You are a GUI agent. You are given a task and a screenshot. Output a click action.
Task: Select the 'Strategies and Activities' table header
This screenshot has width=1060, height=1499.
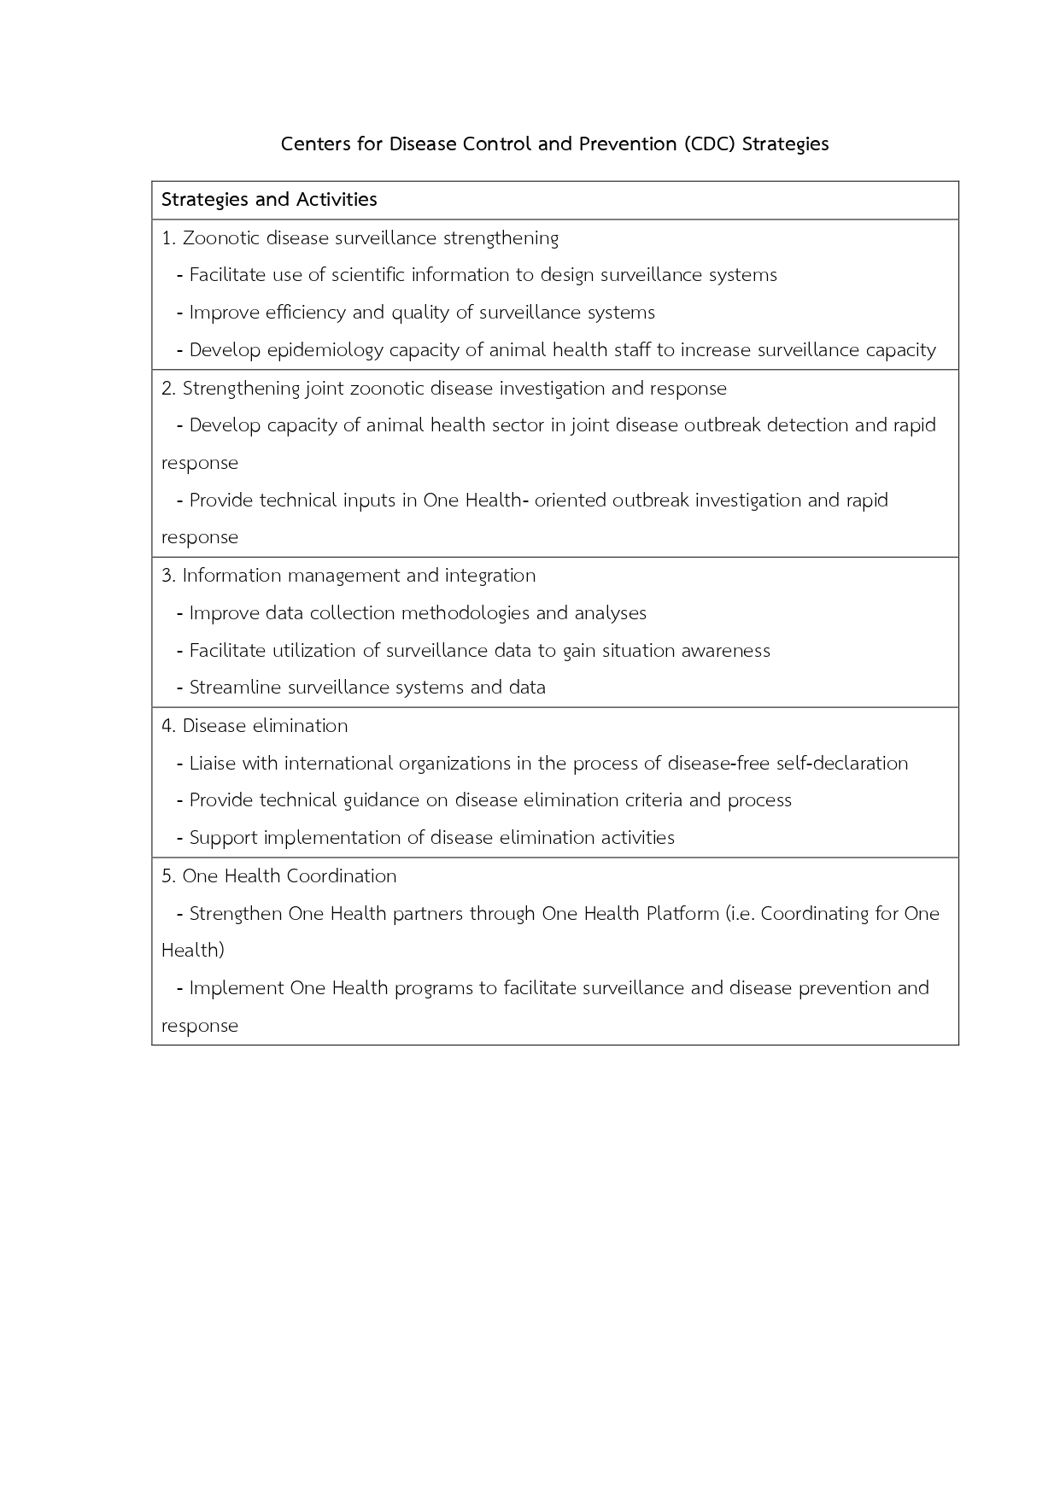click(269, 200)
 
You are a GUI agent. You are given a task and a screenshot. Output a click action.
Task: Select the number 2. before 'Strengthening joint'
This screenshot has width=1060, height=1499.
click(168, 389)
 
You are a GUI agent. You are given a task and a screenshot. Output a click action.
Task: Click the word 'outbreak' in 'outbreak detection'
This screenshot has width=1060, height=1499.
click(721, 425)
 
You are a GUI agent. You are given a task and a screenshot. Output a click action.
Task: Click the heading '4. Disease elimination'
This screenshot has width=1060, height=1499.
click(255, 726)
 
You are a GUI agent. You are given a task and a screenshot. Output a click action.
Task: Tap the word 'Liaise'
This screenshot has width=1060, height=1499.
click(213, 764)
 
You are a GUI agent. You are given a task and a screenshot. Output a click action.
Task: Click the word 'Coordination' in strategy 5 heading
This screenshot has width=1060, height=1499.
click(342, 876)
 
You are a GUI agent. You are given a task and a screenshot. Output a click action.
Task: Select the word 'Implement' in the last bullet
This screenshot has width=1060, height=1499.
click(236, 988)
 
